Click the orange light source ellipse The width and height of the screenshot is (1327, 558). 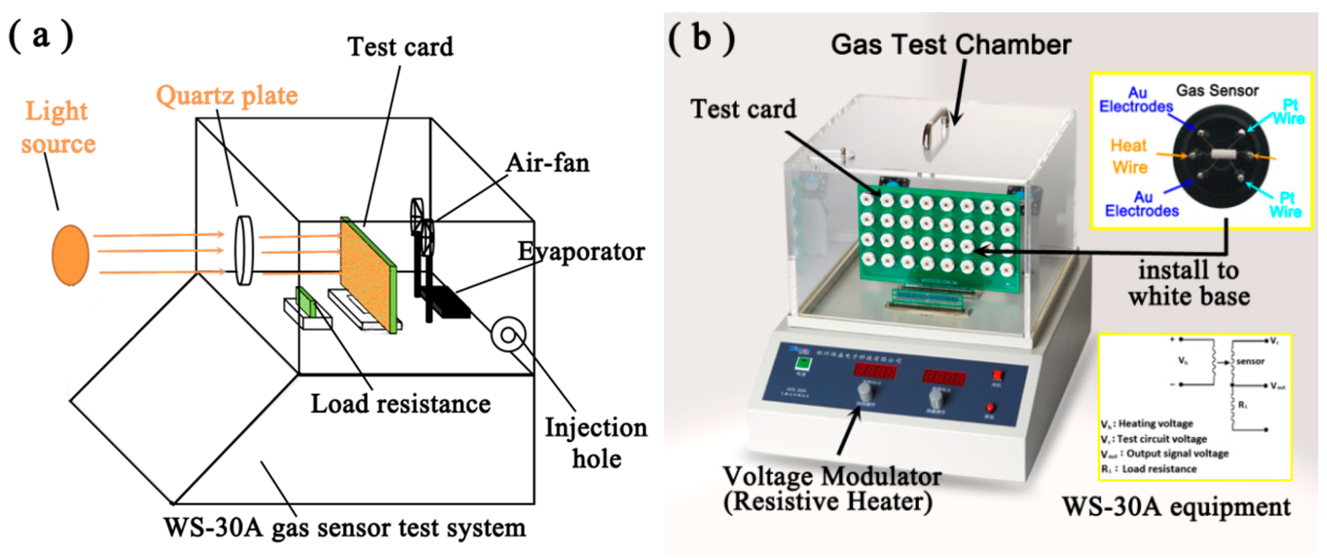pyautogui.click(x=70, y=255)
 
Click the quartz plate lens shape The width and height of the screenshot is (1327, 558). pyautogui.click(x=244, y=250)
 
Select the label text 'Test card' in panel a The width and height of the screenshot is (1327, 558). pyautogui.click(x=400, y=47)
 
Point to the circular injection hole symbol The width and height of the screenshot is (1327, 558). pyautogui.click(x=508, y=335)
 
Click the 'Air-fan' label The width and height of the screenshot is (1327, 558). pyautogui.click(x=547, y=163)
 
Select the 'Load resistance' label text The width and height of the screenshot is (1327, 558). pyautogui.click(x=400, y=404)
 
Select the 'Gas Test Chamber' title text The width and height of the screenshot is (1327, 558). pyautogui.click(x=951, y=45)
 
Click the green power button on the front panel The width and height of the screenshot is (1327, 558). pyautogui.click(x=802, y=363)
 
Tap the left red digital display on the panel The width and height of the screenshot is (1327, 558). pyautogui.click(x=875, y=371)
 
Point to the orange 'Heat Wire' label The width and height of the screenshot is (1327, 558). pyautogui.click(x=1128, y=156)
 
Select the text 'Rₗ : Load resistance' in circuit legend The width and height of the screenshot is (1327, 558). pyautogui.click(x=1148, y=469)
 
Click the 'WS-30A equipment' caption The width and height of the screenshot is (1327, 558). pyautogui.click(x=1176, y=507)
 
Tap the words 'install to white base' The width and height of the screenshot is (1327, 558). pyautogui.click(x=1189, y=283)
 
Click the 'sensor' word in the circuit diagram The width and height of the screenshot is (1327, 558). pyautogui.click(x=1250, y=361)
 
